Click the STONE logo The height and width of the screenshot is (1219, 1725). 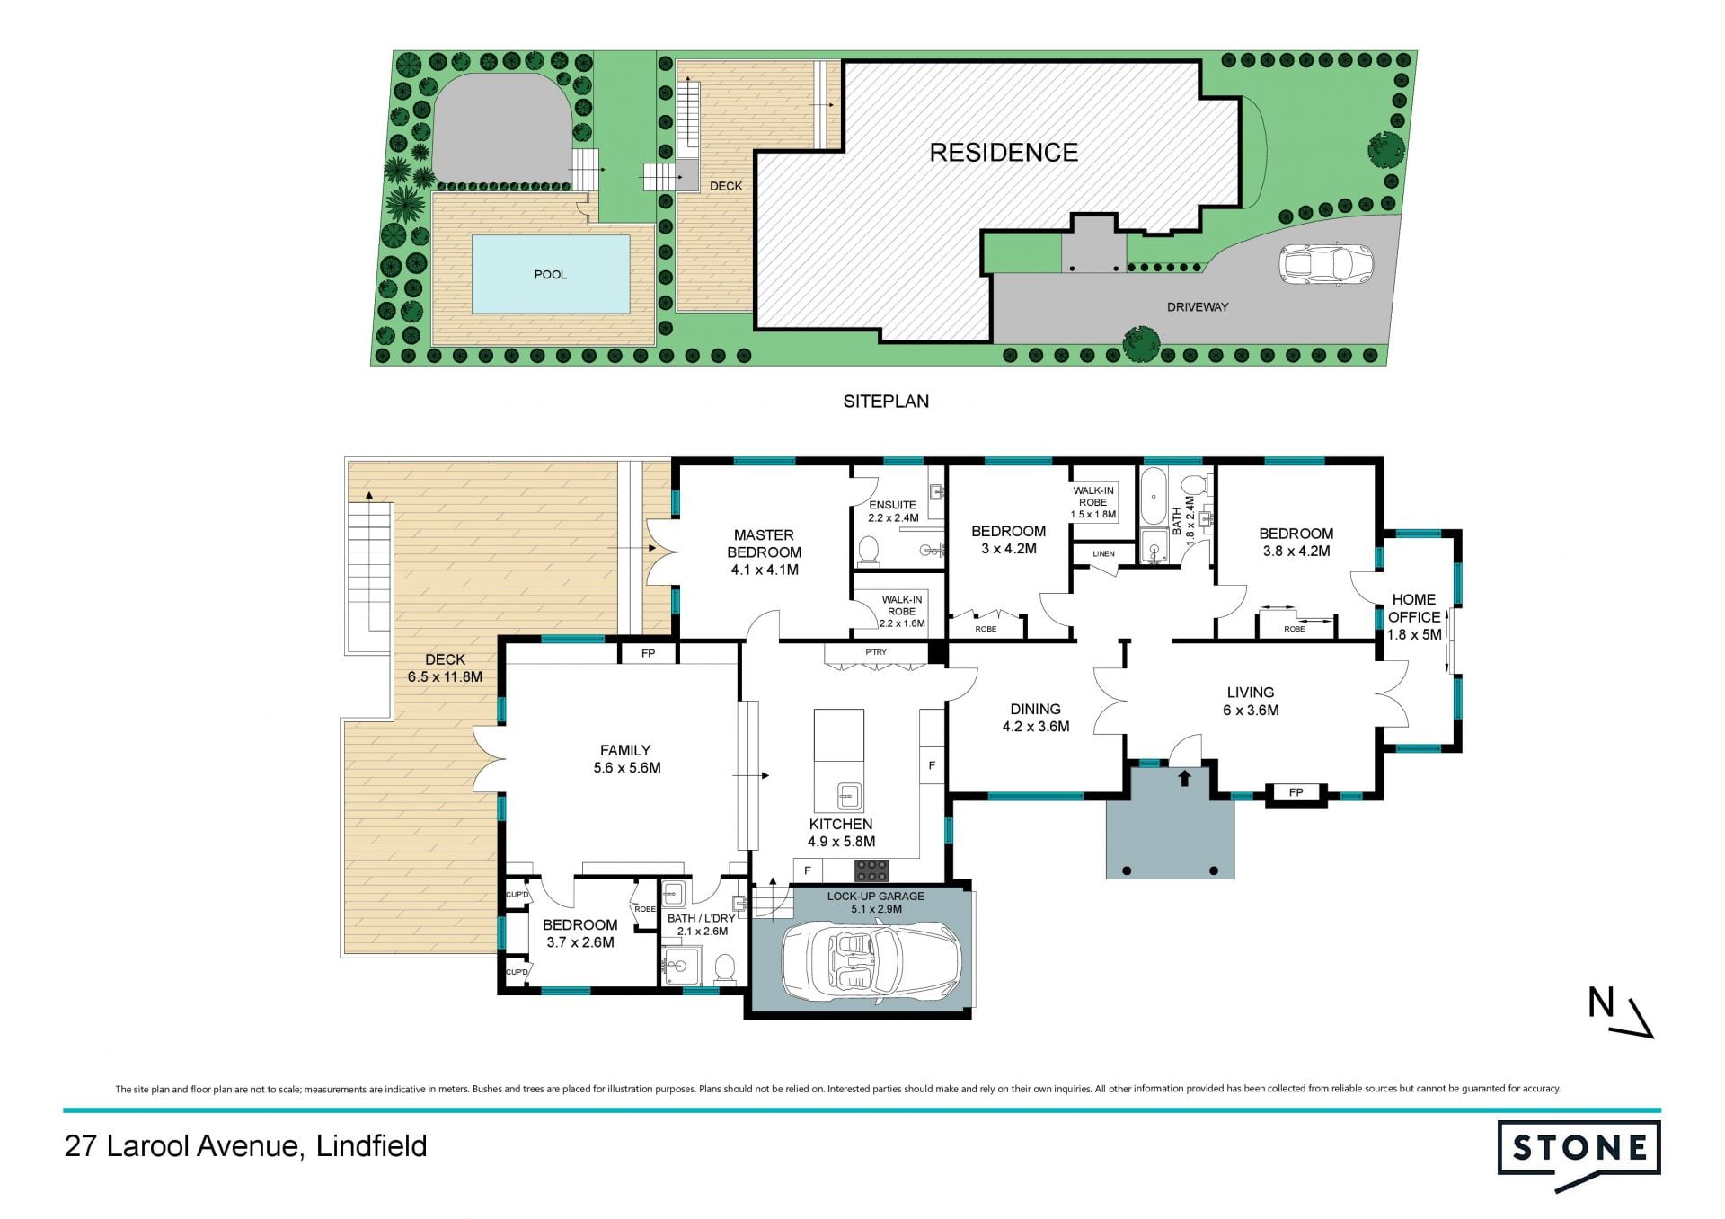click(1579, 1153)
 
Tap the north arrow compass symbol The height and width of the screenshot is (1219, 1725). click(1620, 1012)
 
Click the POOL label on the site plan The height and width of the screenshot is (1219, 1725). click(551, 275)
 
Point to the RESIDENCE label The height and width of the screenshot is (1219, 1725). click(1004, 153)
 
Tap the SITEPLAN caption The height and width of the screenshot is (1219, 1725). click(886, 402)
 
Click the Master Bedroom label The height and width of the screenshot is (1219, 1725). click(765, 552)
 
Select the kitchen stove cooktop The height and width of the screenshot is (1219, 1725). click(871, 870)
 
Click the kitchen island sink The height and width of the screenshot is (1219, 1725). click(849, 796)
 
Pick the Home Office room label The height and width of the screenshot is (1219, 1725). click(1414, 616)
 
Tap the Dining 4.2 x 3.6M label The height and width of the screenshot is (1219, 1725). click(1036, 718)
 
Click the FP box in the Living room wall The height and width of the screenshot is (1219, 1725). click(1296, 792)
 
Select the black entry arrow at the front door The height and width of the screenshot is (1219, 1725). click(1185, 778)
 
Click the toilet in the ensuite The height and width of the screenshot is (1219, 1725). click(868, 552)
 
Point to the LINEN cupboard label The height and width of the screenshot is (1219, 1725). click(1103, 554)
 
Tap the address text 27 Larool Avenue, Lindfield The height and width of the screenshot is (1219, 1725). click(245, 1146)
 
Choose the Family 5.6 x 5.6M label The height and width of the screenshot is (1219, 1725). click(626, 759)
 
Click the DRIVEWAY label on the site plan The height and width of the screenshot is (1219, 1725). click(1198, 307)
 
